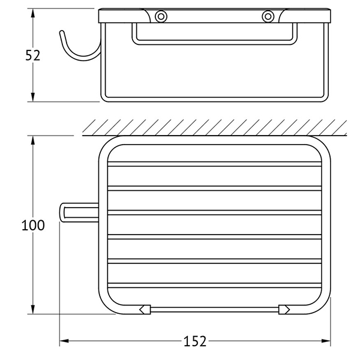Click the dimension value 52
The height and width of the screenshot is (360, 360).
pos(32,56)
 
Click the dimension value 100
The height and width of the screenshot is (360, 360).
pos(33,225)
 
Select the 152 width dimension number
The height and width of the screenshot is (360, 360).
pos(195,341)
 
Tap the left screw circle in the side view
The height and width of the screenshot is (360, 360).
pos(161,17)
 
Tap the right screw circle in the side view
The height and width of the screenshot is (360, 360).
pos(268,17)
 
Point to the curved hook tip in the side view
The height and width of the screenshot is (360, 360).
pos(62,32)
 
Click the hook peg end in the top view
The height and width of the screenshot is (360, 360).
pos(62,212)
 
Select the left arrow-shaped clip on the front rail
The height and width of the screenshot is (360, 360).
pos(145,310)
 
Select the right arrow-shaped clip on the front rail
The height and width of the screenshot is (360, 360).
pos(284,310)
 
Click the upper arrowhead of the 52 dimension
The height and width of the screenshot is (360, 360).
pos(33,13)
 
